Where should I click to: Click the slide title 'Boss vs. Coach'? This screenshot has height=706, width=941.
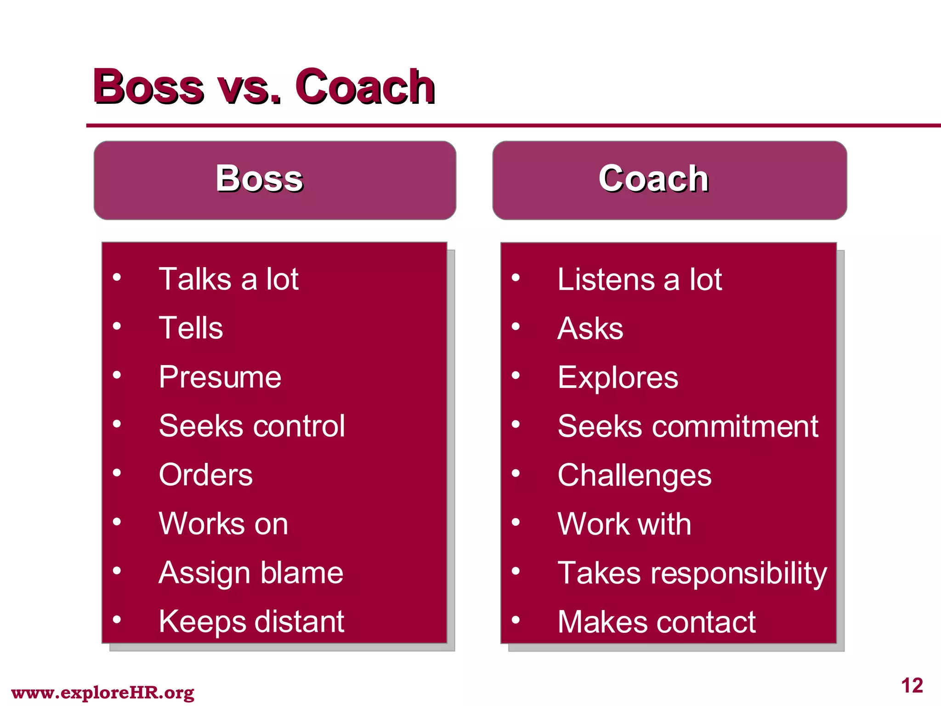[264, 86]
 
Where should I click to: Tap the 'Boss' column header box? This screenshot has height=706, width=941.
[275, 180]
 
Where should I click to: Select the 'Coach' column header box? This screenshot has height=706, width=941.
[669, 180]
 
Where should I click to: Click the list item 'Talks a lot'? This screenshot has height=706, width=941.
[228, 279]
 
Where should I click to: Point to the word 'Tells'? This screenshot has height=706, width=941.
[191, 328]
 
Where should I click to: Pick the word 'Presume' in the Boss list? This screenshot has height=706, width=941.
[220, 377]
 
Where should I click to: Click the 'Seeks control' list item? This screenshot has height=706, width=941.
[251, 426]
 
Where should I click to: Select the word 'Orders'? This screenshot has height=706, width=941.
[205, 474]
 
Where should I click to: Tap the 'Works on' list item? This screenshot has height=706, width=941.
[223, 524]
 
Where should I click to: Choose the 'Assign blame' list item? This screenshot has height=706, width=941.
[251, 573]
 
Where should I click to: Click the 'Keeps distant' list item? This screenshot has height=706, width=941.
[251, 621]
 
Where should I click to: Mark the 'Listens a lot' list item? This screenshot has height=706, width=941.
[639, 279]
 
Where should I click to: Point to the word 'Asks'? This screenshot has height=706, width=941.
[590, 328]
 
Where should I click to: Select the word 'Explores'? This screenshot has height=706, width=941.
[618, 377]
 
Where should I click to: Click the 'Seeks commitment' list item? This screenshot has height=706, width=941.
[687, 426]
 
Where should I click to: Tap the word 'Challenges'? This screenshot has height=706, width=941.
[634, 475]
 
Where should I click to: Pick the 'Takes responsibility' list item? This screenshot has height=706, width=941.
[692, 573]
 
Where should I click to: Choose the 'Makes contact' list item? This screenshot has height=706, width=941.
[656, 622]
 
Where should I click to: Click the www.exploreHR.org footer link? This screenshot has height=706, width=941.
[102, 692]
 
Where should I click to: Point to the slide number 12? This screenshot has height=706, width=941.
[912, 686]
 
